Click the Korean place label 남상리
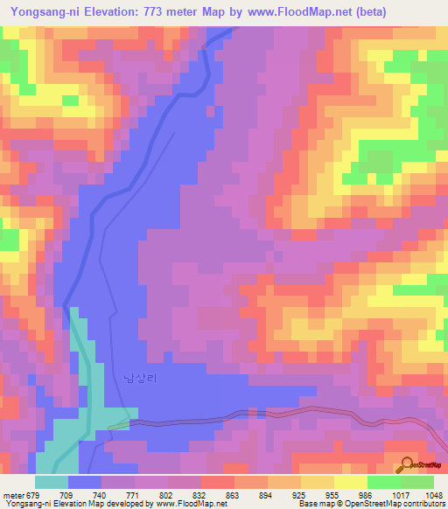[x=139, y=378]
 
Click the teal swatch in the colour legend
[x=52, y=482]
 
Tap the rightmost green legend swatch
[x=417, y=482]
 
